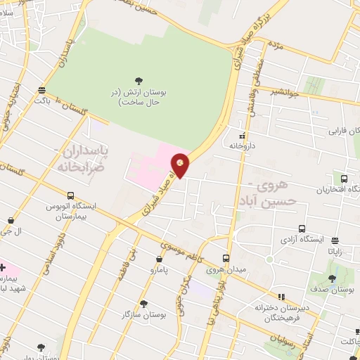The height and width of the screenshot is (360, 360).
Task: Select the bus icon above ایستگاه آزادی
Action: click(302, 229)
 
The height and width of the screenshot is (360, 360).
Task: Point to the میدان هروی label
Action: click(226, 269)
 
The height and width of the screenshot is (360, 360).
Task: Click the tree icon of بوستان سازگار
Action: click(143, 304)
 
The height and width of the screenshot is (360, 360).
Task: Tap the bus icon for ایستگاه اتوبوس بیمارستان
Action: click(70, 195)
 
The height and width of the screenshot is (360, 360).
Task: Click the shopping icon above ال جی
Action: click(10, 220)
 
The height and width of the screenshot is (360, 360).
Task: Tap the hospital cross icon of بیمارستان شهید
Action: click(3, 268)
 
